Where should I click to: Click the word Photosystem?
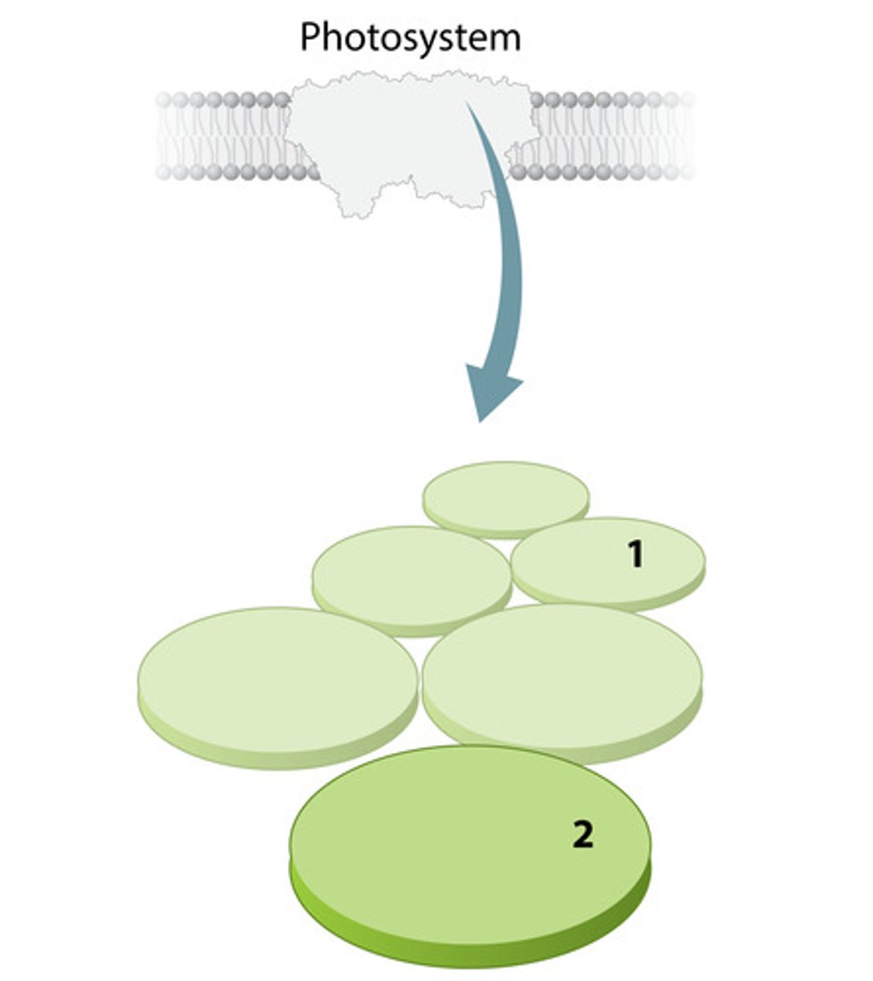[410, 38]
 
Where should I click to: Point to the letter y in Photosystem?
[419, 43]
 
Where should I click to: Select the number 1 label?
[636, 554]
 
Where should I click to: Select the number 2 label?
[583, 834]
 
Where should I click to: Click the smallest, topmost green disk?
[506, 499]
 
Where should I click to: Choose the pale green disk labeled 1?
[608, 565]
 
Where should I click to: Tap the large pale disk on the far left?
[277, 688]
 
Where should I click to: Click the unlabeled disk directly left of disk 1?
[411, 581]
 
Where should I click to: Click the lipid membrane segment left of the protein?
[227, 137]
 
